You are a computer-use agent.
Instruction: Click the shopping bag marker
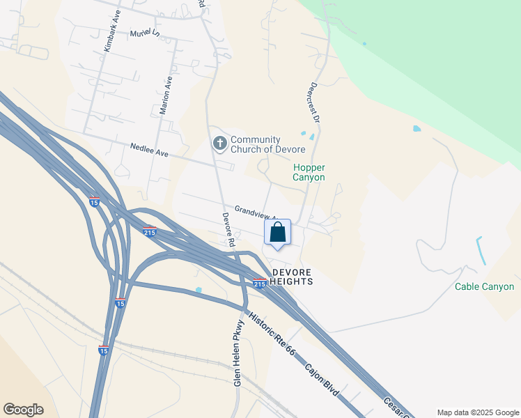click(x=277, y=233)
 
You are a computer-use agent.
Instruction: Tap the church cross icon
click(x=219, y=144)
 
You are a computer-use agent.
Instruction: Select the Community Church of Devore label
click(x=267, y=145)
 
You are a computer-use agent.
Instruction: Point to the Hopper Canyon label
click(x=309, y=172)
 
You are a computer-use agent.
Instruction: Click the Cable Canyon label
click(x=484, y=286)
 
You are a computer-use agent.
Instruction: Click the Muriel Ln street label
click(x=145, y=33)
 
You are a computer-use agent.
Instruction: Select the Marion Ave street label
click(x=165, y=95)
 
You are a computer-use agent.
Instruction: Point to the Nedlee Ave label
click(x=150, y=149)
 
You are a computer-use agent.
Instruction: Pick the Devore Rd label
click(x=228, y=230)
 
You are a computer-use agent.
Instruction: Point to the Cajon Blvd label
click(x=322, y=380)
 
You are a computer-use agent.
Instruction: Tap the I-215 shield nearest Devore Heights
click(x=259, y=284)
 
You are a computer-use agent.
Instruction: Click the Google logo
click(x=23, y=410)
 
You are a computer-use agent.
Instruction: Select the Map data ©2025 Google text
click(x=477, y=412)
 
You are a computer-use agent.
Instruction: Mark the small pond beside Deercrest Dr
click(x=302, y=134)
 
